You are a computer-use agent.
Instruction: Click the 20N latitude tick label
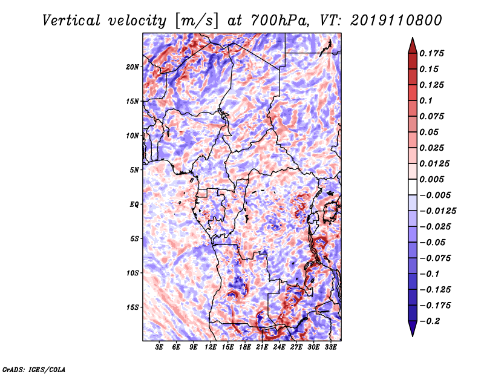pos(132,67)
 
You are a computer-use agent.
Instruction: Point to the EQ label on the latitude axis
pos(134,205)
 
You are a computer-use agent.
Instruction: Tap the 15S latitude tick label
pos(132,307)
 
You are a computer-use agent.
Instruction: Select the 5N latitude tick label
pos(134,170)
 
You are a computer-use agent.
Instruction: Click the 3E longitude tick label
pos(159,347)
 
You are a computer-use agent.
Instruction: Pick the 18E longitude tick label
pos(244,347)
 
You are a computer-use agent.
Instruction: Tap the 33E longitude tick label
pos(330,347)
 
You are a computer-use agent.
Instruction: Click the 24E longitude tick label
pos(279,347)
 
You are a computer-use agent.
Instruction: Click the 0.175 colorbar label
pos(431,53)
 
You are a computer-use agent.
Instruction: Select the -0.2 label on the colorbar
pos(430,321)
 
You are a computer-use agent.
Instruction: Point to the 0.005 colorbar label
pos(431,179)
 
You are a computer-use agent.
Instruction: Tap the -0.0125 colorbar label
pos(437,211)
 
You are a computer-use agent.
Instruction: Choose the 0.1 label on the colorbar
pos(426,100)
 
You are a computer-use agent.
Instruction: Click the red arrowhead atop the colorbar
pos(413,46)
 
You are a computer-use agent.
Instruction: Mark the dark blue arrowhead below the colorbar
pos(413,329)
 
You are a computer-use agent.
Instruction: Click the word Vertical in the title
pos(71,21)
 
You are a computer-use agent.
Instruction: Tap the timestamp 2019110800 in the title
pos(396,21)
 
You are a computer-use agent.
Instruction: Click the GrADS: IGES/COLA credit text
pos(34,369)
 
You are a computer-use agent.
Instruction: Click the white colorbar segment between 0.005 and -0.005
pos(413,187)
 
